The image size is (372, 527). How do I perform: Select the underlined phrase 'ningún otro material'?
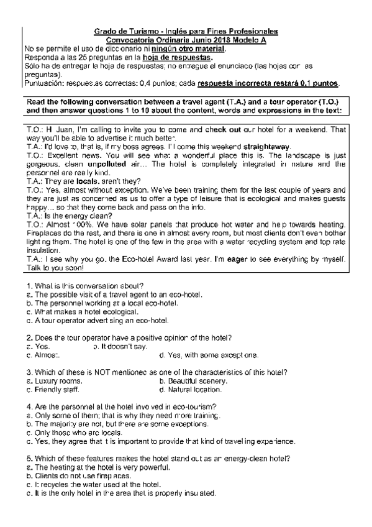point(193,48)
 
